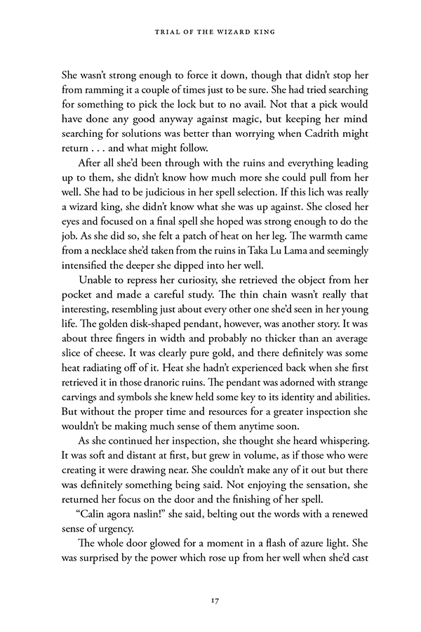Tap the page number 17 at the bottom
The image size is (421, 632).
pos(210,600)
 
